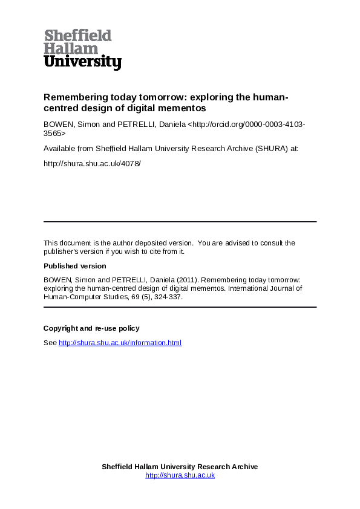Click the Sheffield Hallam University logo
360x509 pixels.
click(82, 50)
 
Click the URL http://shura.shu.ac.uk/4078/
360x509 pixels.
click(92, 163)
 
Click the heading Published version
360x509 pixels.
click(74, 266)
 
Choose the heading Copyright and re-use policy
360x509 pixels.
click(91, 328)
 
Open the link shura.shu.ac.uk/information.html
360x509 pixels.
click(120, 343)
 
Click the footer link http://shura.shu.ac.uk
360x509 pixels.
click(180, 475)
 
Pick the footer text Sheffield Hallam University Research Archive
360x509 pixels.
click(180, 467)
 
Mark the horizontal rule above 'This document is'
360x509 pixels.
click(180, 222)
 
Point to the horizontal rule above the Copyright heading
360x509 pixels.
click(180, 308)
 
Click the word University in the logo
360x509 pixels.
click(82, 62)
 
